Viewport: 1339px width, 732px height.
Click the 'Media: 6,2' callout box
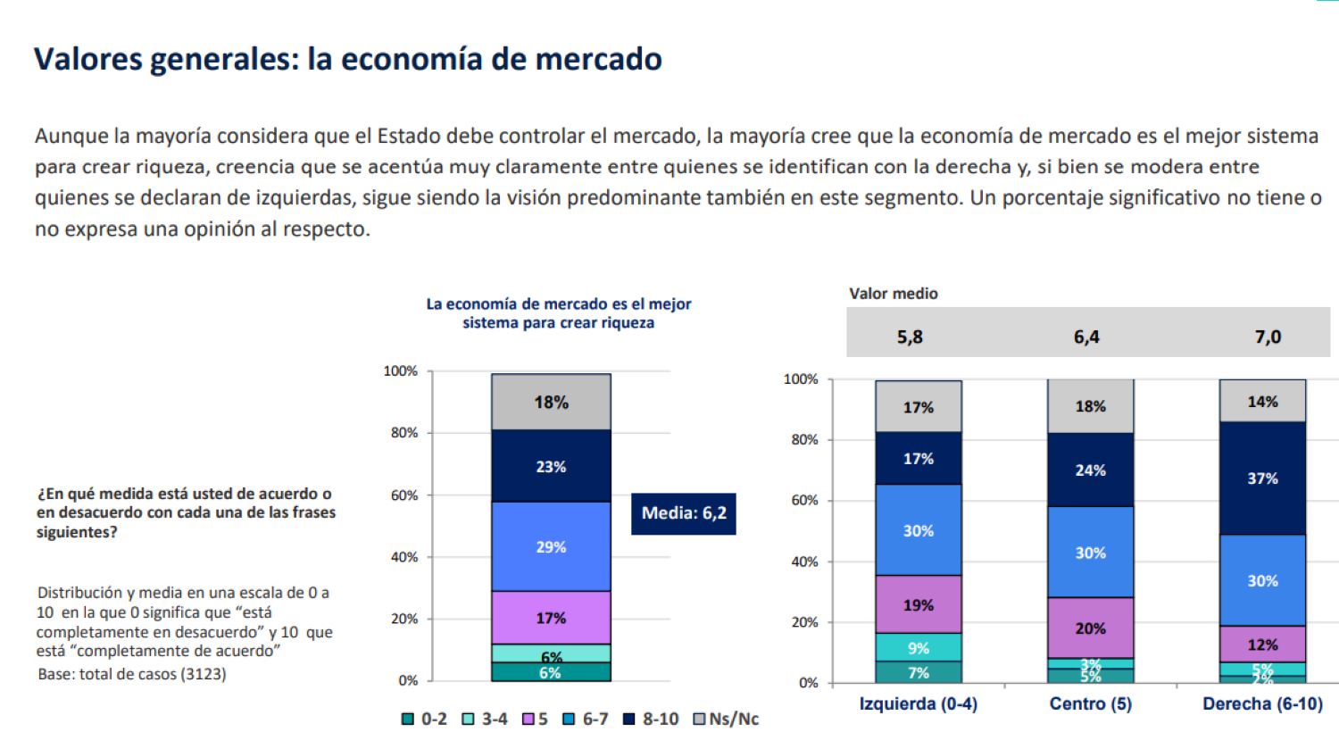[x=684, y=513]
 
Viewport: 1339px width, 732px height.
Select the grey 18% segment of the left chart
[x=551, y=402]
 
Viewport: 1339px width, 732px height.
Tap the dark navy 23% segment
[x=551, y=466]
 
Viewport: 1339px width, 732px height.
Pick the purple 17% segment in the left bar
[x=551, y=618]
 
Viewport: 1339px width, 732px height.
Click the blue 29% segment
[x=551, y=546]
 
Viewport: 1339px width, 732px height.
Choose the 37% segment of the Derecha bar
[x=1262, y=478]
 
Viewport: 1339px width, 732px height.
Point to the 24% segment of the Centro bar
[x=1090, y=470]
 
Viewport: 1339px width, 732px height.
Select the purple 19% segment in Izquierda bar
[x=918, y=604]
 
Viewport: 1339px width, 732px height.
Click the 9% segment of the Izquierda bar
[x=918, y=647]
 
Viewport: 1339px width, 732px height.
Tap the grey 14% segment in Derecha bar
[x=1262, y=401]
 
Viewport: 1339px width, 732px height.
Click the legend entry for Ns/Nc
[x=726, y=719]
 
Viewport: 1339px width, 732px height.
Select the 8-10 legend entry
[x=651, y=719]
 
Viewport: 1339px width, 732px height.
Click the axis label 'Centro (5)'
[x=1090, y=703]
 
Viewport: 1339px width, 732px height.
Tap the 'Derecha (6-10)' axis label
[x=1262, y=703]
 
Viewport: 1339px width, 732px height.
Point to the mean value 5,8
[x=910, y=337]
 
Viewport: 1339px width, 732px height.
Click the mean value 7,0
[x=1268, y=337]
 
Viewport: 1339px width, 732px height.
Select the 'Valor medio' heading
[x=894, y=293]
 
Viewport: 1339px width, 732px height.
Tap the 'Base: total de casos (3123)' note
[x=132, y=674]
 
